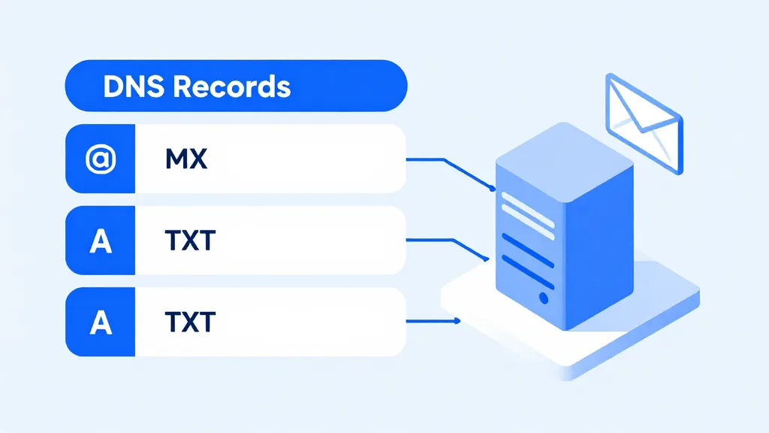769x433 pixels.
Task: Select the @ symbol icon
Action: click(100, 159)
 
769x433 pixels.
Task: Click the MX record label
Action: click(185, 159)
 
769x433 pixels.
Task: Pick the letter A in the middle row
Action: click(100, 241)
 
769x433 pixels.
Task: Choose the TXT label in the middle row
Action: click(190, 241)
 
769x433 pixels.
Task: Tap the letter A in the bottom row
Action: click(100, 322)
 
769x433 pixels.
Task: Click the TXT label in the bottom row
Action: click(190, 322)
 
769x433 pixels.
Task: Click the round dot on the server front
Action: click(544, 298)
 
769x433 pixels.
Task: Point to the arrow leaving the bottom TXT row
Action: click(432, 322)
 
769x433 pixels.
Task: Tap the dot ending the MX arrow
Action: click(493, 189)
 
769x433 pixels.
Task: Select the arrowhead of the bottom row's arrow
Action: click(457, 322)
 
